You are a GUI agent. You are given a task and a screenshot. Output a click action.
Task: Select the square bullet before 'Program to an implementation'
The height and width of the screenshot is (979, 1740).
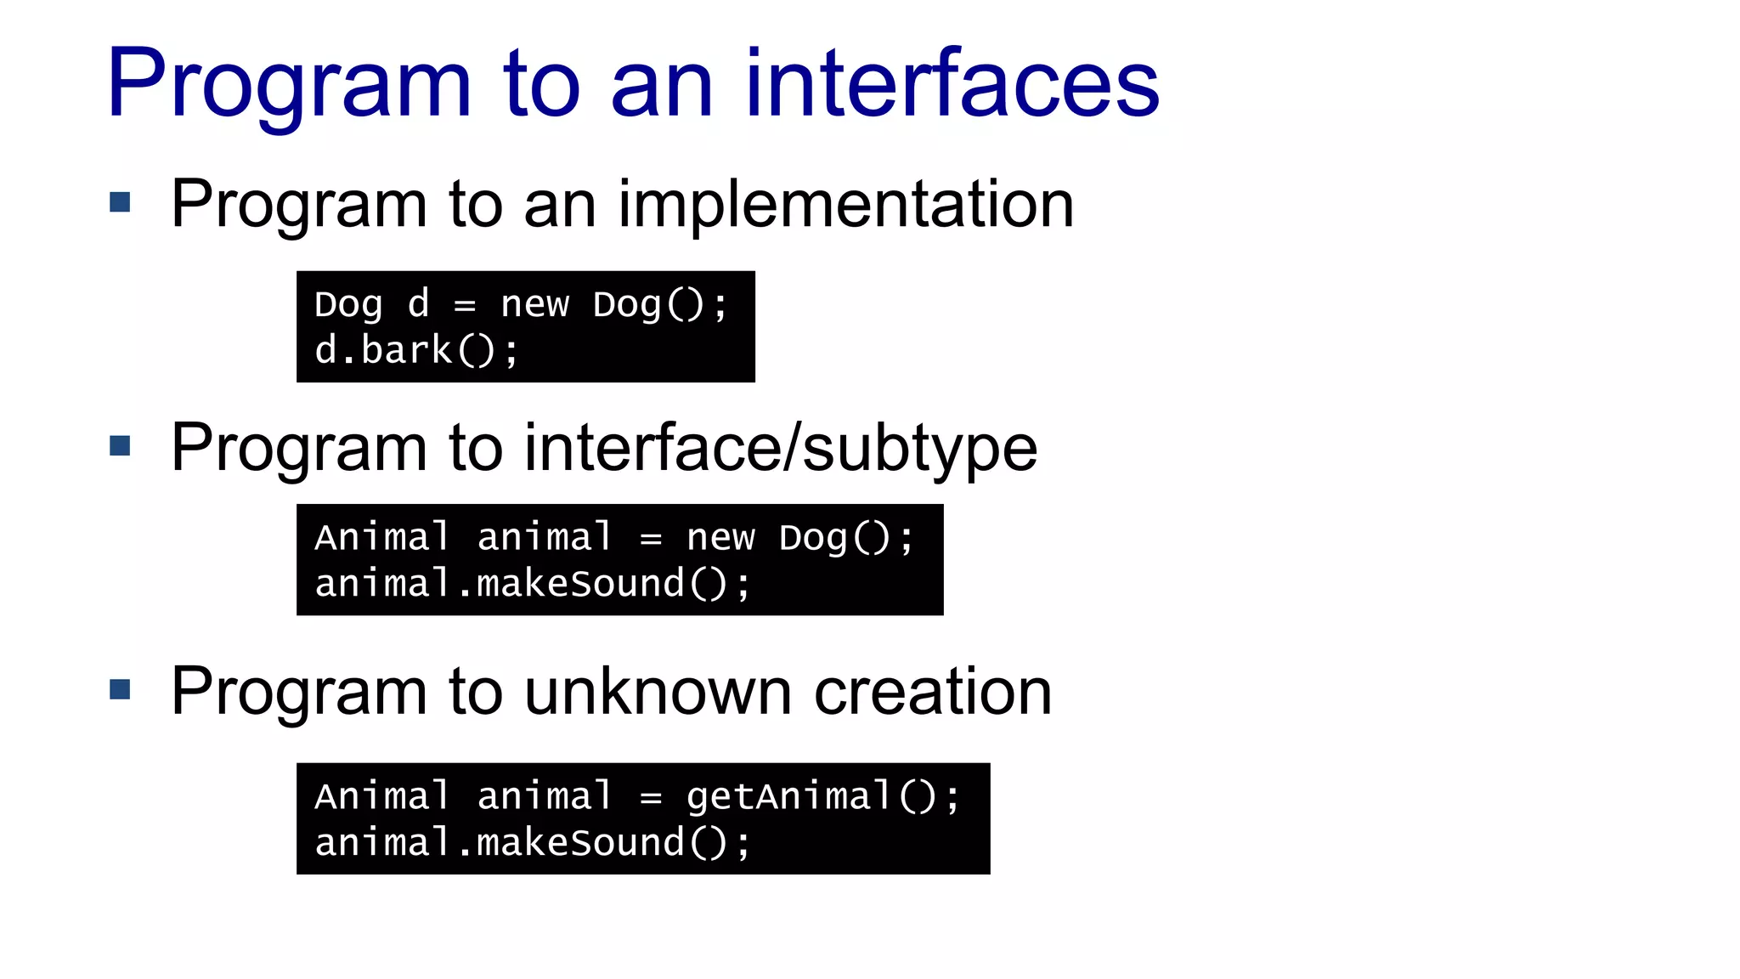(x=120, y=202)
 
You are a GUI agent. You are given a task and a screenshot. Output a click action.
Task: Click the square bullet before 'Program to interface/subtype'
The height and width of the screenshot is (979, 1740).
(x=120, y=445)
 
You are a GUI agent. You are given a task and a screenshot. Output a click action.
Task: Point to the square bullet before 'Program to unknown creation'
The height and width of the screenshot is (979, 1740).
(x=120, y=689)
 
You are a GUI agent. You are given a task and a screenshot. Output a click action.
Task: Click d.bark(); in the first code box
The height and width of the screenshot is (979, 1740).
(x=416, y=350)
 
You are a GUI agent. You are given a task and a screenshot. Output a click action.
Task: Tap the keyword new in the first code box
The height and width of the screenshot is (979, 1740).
(x=534, y=304)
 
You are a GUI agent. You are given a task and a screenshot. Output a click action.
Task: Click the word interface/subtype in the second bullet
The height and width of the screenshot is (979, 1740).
(x=780, y=448)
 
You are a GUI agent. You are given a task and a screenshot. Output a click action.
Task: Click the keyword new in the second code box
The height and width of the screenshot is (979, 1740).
(x=720, y=538)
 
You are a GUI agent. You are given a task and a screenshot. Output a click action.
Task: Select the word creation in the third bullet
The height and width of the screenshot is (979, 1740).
(x=932, y=692)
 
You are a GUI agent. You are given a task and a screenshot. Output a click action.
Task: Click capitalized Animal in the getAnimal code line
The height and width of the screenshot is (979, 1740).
(x=381, y=797)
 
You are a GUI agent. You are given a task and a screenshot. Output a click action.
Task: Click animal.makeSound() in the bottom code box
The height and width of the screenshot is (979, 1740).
(x=532, y=843)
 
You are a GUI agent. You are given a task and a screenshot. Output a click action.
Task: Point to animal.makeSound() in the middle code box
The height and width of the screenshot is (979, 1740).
(x=532, y=584)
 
